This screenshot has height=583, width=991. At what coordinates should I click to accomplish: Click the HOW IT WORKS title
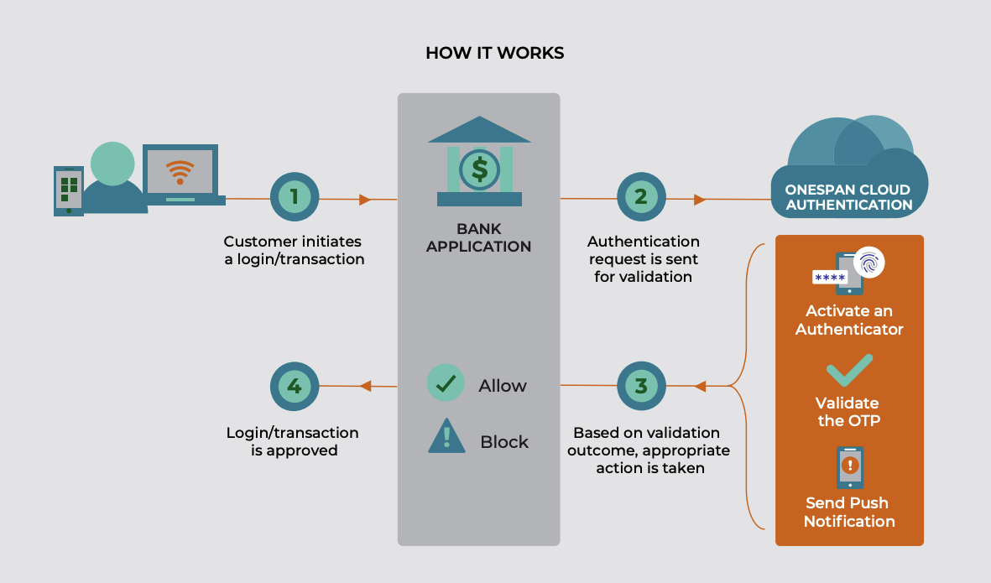tap(494, 54)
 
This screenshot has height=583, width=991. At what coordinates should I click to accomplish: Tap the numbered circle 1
tap(295, 198)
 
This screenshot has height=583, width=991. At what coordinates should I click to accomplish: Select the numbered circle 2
tap(641, 198)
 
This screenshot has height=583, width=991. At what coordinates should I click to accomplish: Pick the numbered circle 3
tap(641, 387)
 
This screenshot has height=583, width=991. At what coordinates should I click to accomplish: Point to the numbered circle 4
tap(295, 387)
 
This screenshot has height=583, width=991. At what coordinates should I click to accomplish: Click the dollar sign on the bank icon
tap(479, 169)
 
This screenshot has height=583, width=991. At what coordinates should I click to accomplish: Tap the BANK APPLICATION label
tap(478, 237)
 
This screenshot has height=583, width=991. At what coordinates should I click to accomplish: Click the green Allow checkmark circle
tap(446, 383)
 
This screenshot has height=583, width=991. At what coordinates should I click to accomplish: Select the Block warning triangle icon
tap(446, 437)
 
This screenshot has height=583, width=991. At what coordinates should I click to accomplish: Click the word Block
tap(504, 442)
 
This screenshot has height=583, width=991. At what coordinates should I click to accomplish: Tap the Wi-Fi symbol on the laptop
tap(180, 171)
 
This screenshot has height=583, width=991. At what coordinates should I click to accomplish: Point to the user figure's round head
tap(112, 164)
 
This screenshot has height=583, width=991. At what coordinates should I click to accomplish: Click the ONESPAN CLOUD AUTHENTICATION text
tap(849, 197)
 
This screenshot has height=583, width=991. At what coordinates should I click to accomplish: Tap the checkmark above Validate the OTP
tap(849, 370)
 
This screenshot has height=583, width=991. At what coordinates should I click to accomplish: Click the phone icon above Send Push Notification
tap(849, 466)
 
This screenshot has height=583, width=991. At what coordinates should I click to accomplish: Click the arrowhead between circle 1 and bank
tap(364, 200)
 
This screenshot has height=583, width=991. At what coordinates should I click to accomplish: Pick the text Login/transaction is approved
tap(293, 442)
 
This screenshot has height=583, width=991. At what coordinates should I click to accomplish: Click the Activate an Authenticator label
tap(849, 320)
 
